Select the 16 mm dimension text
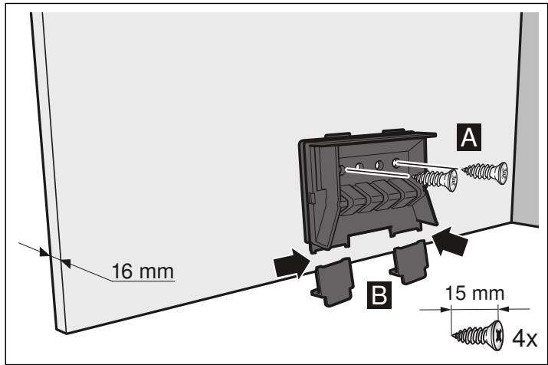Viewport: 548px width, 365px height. point(143,271)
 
